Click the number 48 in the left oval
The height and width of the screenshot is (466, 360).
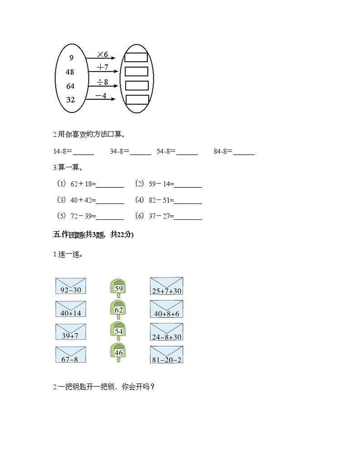tap(70, 72)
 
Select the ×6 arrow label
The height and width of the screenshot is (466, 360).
tap(102, 54)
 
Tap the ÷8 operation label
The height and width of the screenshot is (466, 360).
tap(102, 82)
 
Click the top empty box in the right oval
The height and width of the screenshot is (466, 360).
tap(136, 57)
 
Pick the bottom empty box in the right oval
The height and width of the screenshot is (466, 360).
tap(137, 100)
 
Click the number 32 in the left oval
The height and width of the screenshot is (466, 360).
tap(70, 100)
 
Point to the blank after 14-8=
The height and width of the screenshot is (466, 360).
tap(83, 152)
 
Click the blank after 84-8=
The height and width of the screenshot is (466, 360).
tap(244, 152)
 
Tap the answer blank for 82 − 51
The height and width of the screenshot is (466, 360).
tap(188, 200)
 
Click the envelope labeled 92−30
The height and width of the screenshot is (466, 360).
tap(71, 286)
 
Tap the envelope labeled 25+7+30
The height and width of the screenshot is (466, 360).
tap(166, 286)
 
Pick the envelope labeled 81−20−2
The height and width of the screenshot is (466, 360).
tap(166, 354)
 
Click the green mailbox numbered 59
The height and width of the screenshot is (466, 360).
tap(118, 288)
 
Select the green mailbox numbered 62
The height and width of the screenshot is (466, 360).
tap(118, 310)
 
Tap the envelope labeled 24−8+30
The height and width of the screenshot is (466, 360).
tap(166, 332)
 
